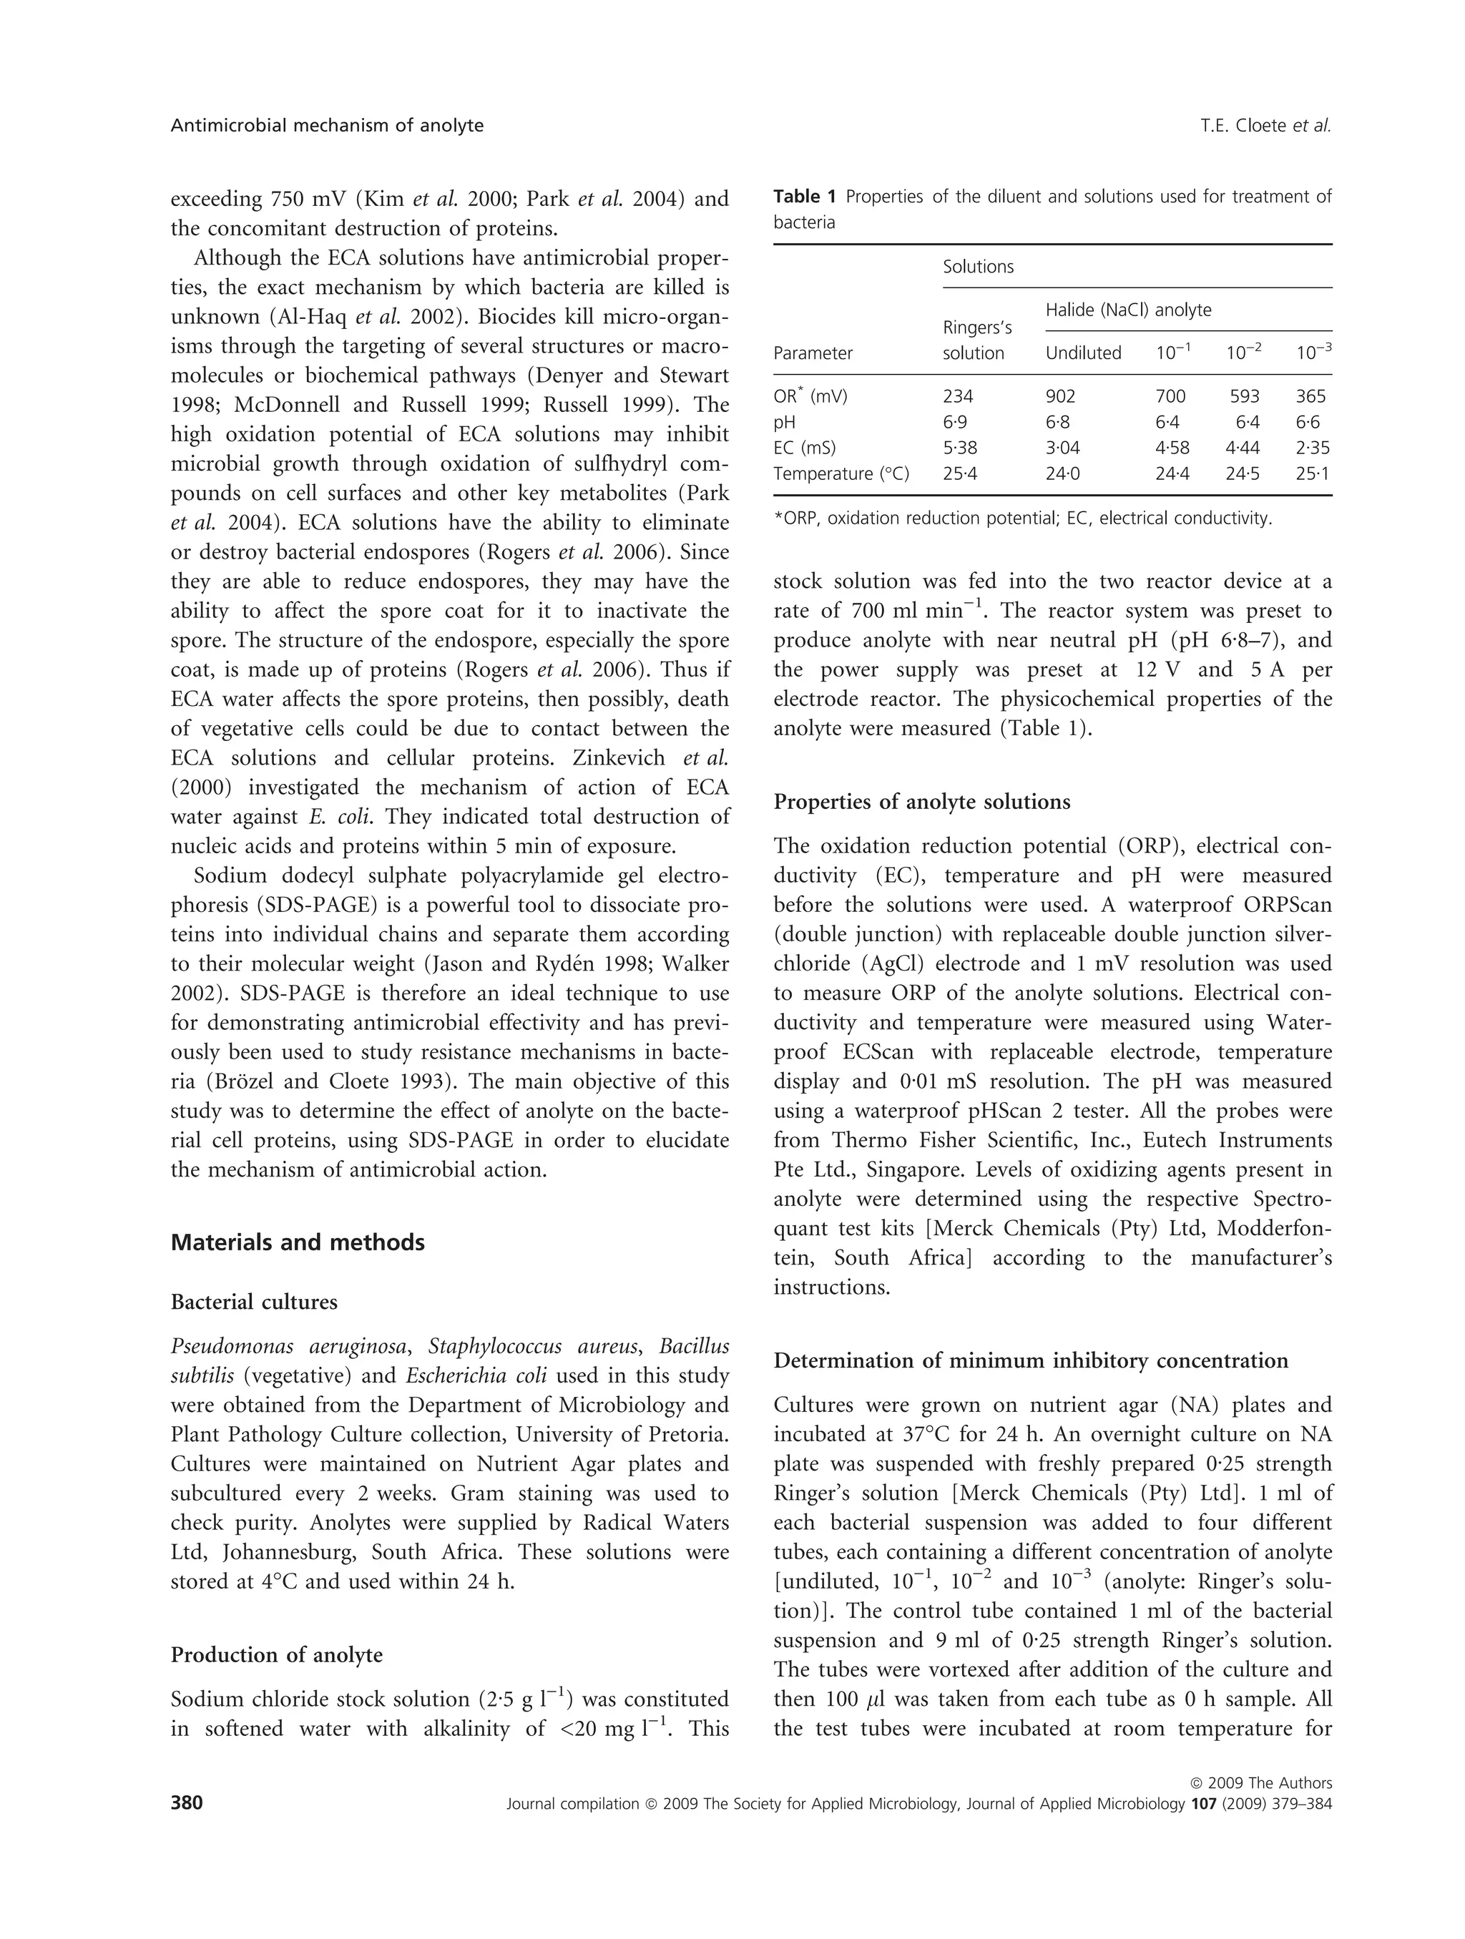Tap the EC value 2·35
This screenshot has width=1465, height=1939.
click(x=1313, y=448)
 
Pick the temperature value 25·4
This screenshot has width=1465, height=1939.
click(x=959, y=473)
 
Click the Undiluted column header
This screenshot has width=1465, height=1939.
click(x=1083, y=353)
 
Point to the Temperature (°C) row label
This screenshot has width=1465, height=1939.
click(x=841, y=473)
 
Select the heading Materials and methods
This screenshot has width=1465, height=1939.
click(x=297, y=1242)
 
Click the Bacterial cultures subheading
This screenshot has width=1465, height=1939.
click(x=253, y=1302)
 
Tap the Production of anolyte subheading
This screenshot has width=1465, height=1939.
click(x=276, y=1655)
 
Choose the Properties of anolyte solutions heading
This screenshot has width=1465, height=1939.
click(x=921, y=801)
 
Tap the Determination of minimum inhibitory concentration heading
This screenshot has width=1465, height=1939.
click(x=1031, y=1360)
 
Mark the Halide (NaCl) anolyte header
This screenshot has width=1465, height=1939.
click(x=1128, y=310)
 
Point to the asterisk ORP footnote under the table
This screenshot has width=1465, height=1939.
click(x=1021, y=518)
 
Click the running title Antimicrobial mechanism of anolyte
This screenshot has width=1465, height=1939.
click(x=327, y=125)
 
